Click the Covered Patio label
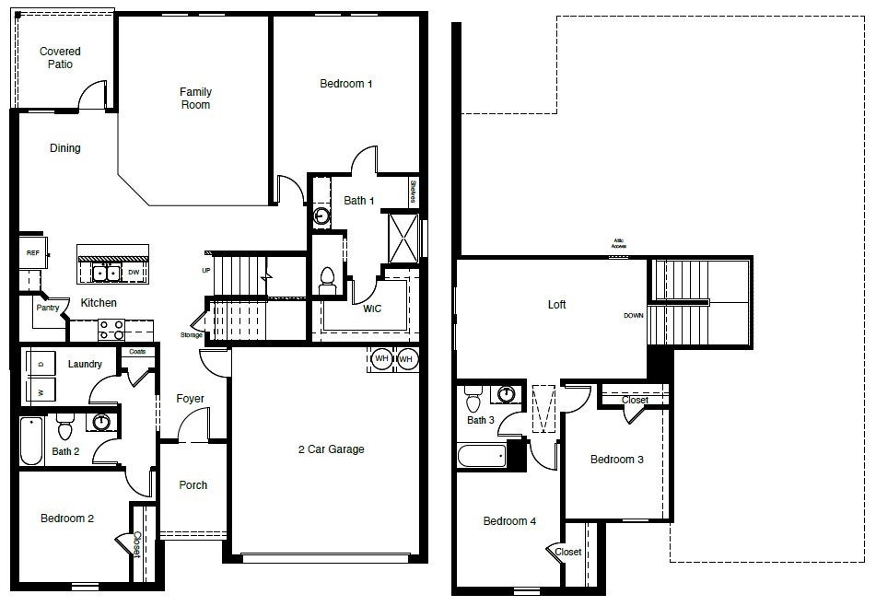point(60,58)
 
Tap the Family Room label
point(195,98)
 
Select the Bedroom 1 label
point(345,84)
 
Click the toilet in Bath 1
point(328,278)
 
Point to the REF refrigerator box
point(32,252)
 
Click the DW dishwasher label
point(134,272)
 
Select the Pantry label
point(48,308)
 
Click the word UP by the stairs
point(206,270)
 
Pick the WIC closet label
point(371,309)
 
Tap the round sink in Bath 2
point(102,423)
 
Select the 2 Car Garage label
point(331,449)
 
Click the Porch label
point(193,485)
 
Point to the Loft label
point(556,305)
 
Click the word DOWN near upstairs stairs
point(634,316)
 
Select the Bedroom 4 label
point(509,521)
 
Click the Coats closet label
point(137,352)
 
